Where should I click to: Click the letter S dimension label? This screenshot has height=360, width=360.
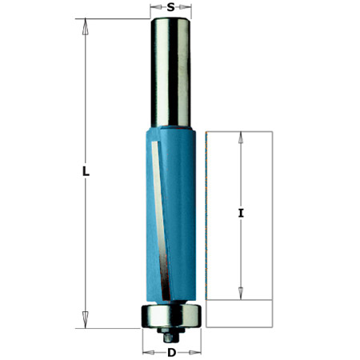(x=170, y=7)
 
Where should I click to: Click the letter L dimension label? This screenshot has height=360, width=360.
(x=86, y=171)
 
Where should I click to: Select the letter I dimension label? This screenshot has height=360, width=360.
(x=241, y=213)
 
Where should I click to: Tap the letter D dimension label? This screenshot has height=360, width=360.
(x=172, y=353)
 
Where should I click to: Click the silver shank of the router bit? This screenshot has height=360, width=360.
(x=170, y=72)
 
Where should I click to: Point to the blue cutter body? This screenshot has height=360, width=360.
(x=171, y=214)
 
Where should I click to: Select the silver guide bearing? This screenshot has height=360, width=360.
(x=171, y=316)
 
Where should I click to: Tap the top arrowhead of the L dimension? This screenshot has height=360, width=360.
(x=86, y=26)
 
